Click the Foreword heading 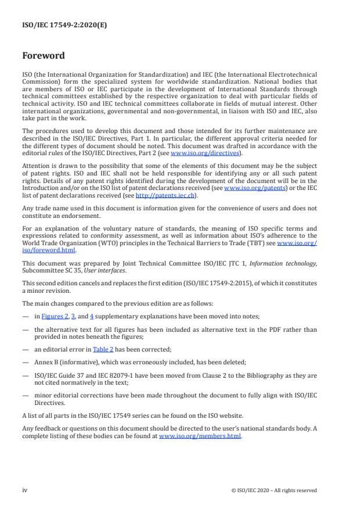(x=44, y=56)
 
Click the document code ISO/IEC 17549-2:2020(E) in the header (x=57, y=25)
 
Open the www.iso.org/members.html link (x=200, y=436)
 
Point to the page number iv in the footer (x=25, y=490)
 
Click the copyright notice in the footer (x=273, y=490)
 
